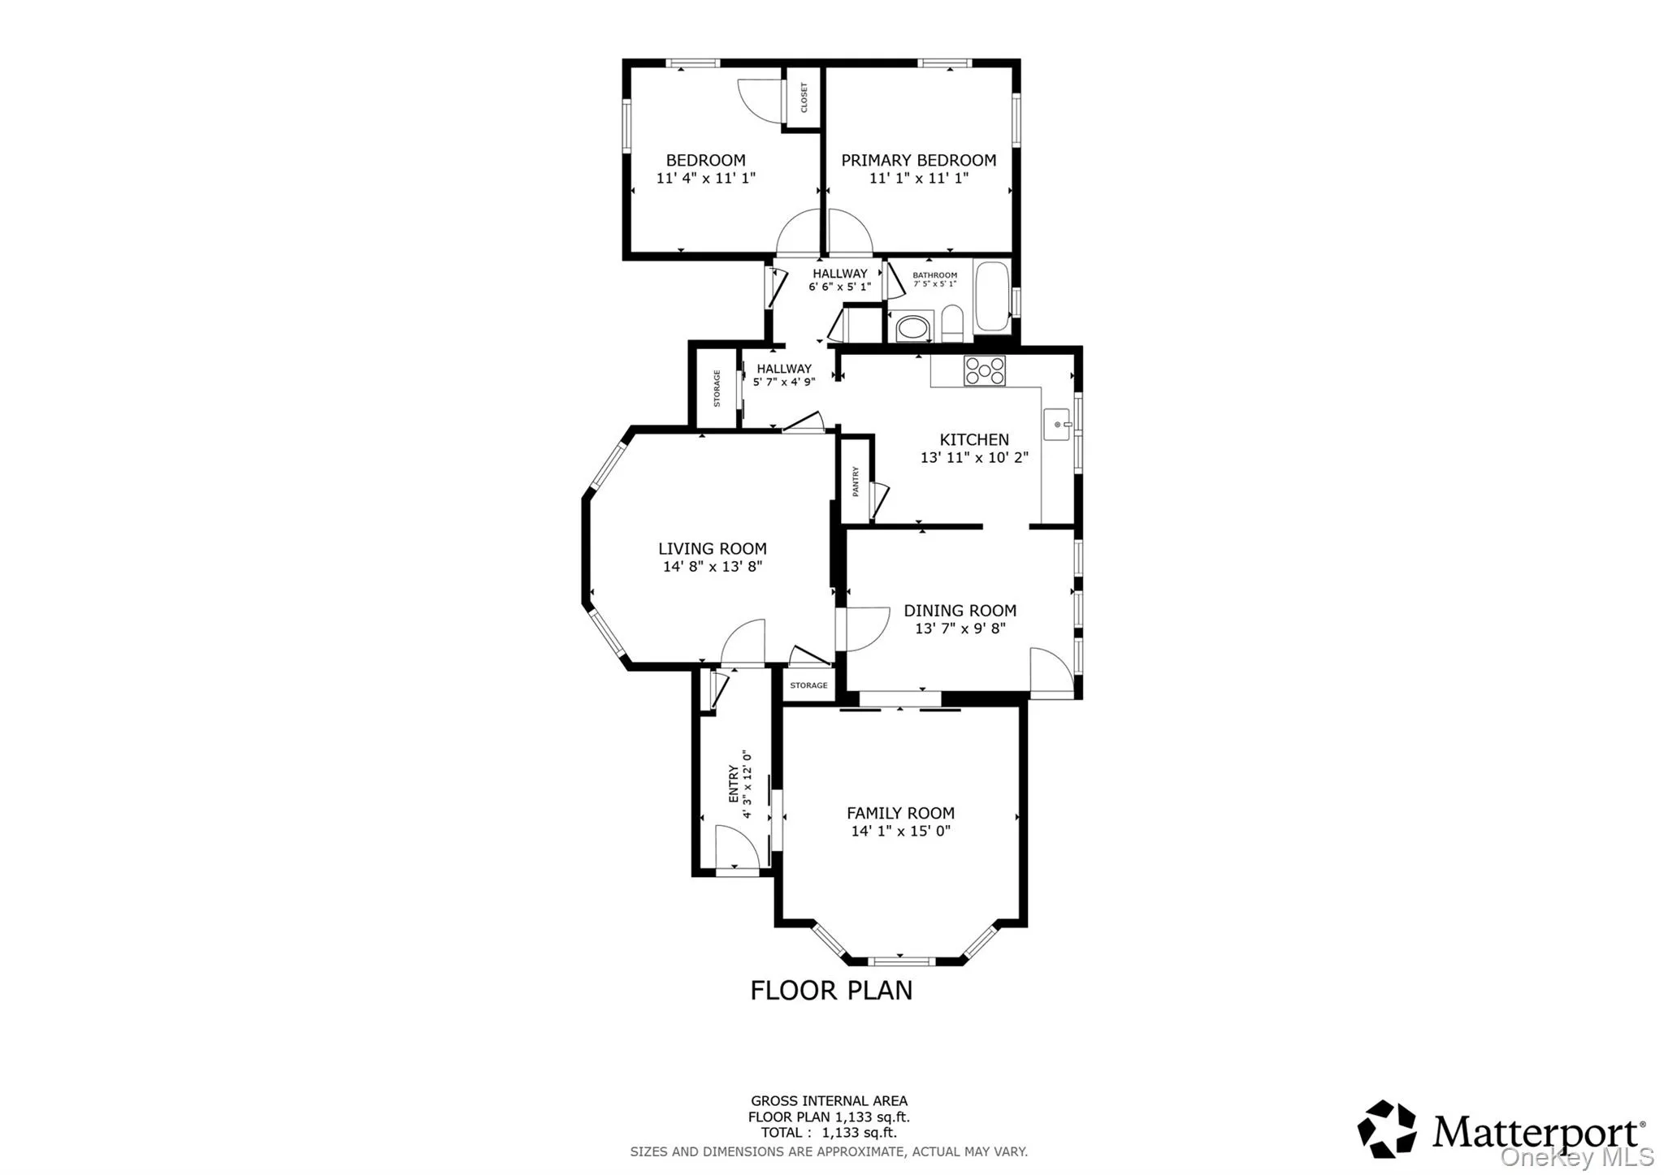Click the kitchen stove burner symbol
tap(984, 371)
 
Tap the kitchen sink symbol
tap(1057, 424)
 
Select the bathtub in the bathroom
tap(991, 296)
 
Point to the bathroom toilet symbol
tap(951, 326)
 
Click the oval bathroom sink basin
tap(911, 328)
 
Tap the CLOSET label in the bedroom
tap(804, 97)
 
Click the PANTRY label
tap(855, 481)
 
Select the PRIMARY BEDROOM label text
tap(918, 161)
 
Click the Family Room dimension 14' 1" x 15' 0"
tap(900, 831)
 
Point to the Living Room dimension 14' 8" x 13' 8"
tap(712, 567)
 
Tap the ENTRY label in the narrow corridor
tap(734, 784)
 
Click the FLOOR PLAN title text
tap(830, 990)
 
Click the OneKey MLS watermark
tap(1576, 1156)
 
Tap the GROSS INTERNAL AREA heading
tap(829, 1101)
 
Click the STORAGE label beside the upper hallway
tap(717, 388)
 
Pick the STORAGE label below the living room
tap(808, 685)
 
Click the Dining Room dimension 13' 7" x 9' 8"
tap(960, 629)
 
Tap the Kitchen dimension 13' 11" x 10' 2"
tap(973, 458)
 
